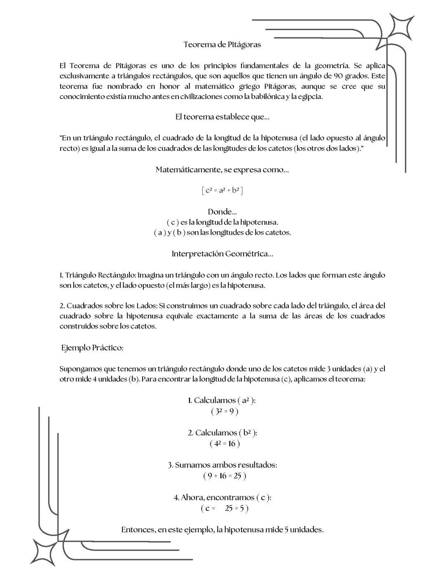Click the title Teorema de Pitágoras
(222, 44)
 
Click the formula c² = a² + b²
(222, 190)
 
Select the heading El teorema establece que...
(222, 117)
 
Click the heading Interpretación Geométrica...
(222, 254)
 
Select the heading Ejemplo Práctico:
(92, 348)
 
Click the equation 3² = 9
(225, 411)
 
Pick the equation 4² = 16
(225, 444)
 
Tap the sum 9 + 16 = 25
(225, 476)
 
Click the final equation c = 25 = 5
(225, 508)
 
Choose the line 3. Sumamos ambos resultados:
(222, 465)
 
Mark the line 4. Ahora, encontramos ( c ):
(222, 497)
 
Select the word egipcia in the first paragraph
(309, 97)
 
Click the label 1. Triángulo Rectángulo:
(98, 275)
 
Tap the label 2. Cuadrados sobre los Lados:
(108, 306)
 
